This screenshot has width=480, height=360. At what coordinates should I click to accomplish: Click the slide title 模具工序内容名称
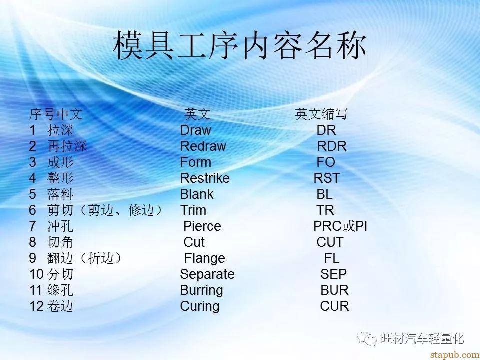click(x=239, y=45)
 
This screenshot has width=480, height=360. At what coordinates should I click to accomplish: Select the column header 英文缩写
click(x=321, y=114)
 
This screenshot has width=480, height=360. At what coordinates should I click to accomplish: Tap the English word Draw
click(x=195, y=130)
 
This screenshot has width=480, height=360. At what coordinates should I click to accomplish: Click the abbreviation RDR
click(x=332, y=146)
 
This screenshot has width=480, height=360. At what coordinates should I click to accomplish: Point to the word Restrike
click(x=205, y=178)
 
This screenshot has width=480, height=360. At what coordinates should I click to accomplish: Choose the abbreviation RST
click(x=327, y=178)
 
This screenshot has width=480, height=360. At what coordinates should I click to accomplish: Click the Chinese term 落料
click(x=60, y=194)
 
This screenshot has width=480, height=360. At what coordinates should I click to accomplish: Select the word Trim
click(x=193, y=210)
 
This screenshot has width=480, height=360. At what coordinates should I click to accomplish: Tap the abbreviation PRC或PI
click(x=340, y=226)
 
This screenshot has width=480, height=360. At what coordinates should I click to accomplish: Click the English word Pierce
click(x=202, y=226)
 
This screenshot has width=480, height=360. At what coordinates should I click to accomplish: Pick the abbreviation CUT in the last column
click(x=330, y=242)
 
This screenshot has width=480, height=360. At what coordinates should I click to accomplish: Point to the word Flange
click(x=205, y=258)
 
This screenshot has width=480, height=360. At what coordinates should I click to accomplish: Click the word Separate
click(x=207, y=274)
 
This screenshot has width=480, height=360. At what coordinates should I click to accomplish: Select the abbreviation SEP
click(x=333, y=274)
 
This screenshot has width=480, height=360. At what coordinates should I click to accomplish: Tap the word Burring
click(x=201, y=290)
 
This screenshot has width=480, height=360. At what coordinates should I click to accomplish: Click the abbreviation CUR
click(x=334, y=306)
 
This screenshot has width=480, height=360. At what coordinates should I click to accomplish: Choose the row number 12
click(x=36, y=306)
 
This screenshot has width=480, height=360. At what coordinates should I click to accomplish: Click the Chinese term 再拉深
click(x=67, y=146)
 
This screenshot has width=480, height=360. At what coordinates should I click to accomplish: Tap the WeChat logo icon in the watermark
click(x=367, y=338)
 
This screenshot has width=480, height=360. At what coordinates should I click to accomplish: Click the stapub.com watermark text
click(x=454, y=355)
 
